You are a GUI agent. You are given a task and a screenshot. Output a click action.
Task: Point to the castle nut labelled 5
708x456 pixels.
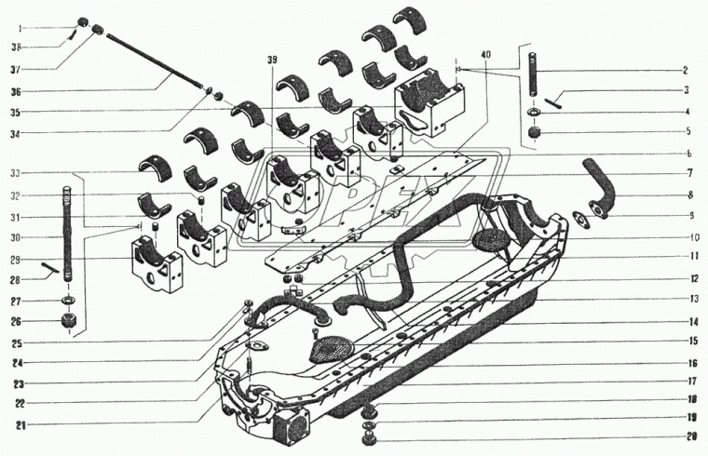click(x=534, y=133)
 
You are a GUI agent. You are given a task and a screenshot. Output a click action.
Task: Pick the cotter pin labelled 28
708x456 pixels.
click(x=52, y=272)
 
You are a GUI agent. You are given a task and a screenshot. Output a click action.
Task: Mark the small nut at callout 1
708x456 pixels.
click(x=82, y=22)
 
